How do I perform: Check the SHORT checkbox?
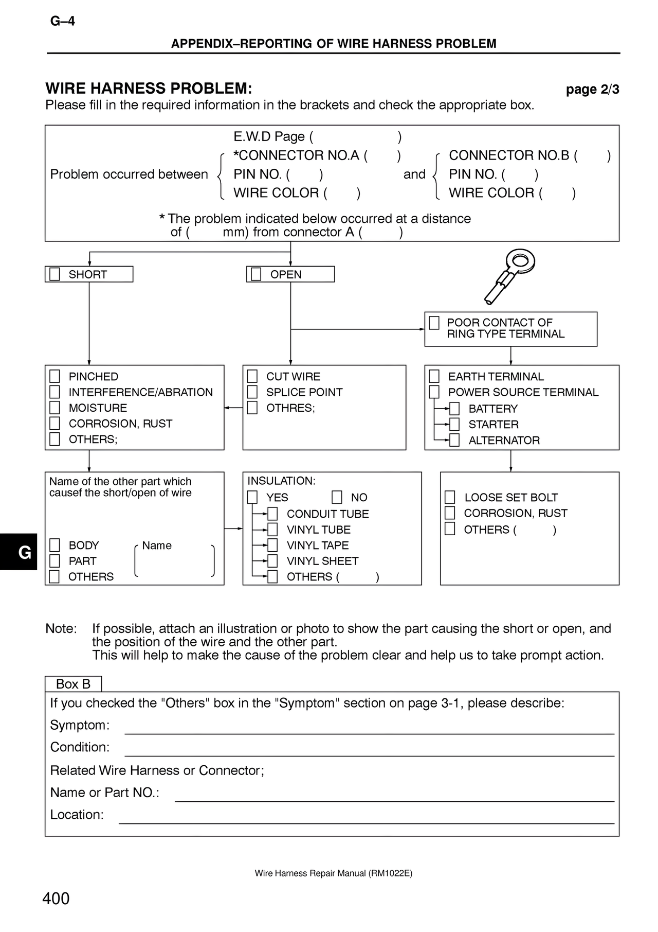[54, 274]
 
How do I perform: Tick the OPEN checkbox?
[256, 274]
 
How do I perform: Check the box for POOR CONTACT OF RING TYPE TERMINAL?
[434, 323]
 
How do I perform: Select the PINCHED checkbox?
[54, 376]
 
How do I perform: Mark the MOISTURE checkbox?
[54, 408]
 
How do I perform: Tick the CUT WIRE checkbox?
[252, 376]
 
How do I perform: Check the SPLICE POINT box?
[252, 392]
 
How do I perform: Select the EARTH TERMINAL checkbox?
[434, 376]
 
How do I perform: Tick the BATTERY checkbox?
[454, 409]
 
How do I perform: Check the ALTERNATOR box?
[454, 441]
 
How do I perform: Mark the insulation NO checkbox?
[337, 497]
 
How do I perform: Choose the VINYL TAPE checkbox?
[272, 545]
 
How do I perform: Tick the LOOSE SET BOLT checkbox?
[450, 497]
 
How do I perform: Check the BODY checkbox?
[54, 545]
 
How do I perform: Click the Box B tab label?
[73, 684]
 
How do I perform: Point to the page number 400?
[56, 899]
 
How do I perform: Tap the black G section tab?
[19, 552]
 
